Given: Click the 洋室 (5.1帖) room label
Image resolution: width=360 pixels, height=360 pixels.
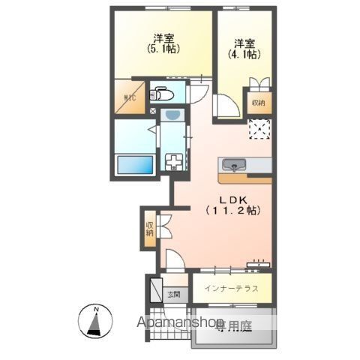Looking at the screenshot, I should pyautogui.click(x=165, y=43).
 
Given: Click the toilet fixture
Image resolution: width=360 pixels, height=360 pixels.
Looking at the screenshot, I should pyautogui.click(x=160, y=94).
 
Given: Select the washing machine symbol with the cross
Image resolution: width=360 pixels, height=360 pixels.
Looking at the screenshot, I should pyautogui.click(x=175, y=163).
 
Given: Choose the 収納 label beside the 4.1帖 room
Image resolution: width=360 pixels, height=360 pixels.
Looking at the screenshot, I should pyautogui.click(x=258, y=102).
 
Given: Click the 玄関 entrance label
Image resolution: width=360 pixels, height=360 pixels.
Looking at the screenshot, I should pyautogui.click(x=174, y=294).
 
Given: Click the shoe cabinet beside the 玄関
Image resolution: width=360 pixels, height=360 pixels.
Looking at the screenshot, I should pyautogui.click(x=156, y=288).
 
